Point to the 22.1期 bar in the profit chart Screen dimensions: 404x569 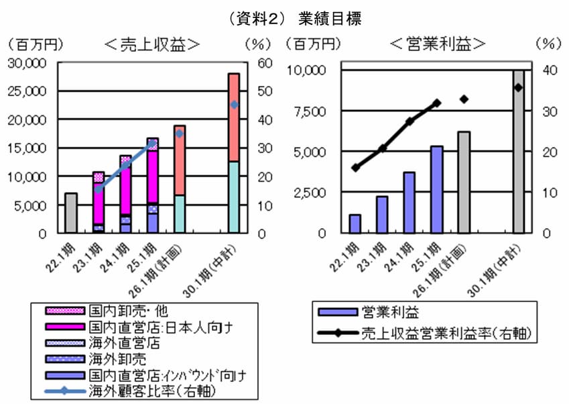pyautogui.click(x=355, y=224)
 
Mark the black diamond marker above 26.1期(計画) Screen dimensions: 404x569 pyautogui.click(x=464, y=99)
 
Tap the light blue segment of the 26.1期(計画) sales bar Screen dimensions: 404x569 pyautogui.click(x=180, y=214)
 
